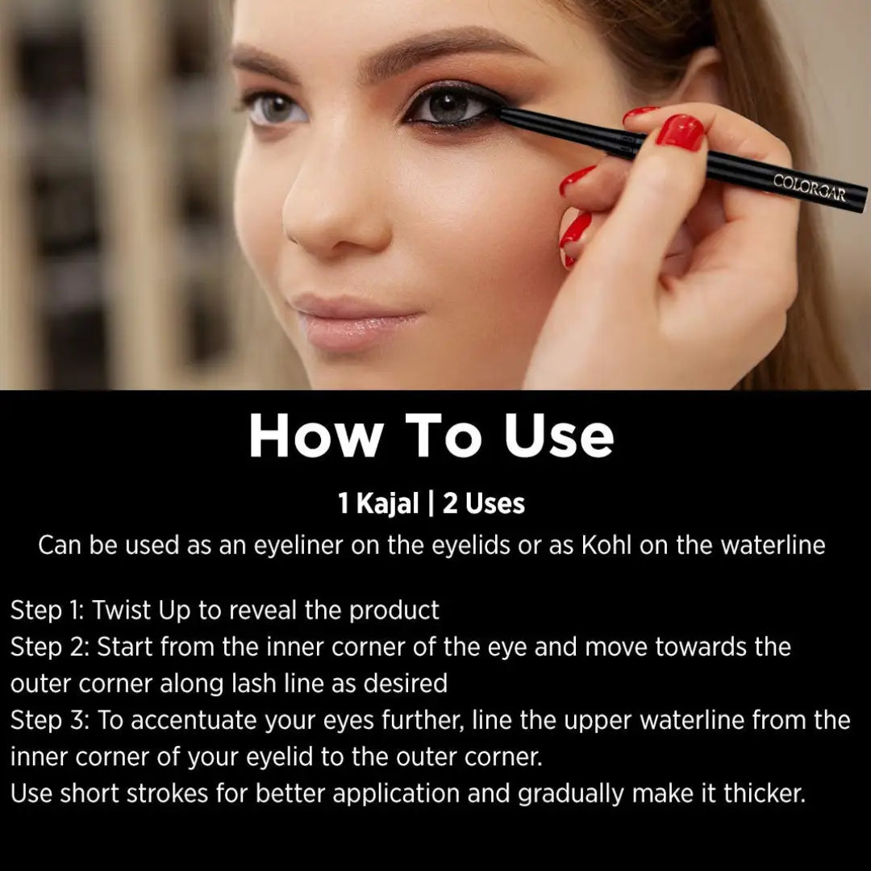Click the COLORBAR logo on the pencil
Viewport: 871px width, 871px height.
point(809,187)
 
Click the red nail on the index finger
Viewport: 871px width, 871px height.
point(680,131)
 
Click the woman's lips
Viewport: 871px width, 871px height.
point(355,320)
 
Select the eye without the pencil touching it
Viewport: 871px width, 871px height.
point(277,109)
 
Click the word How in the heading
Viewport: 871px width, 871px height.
point(315,436)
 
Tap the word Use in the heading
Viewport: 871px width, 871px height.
point(559,436)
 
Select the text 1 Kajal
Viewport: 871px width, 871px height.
point(378,504)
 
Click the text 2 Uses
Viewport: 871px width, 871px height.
point(484,504)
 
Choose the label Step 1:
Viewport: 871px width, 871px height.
point(47,611)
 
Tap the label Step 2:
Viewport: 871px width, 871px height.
point(48,647)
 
